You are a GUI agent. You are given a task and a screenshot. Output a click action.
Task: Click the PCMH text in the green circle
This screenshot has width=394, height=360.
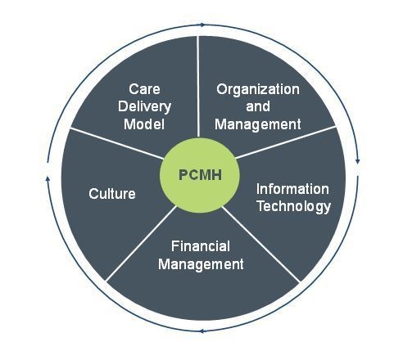pos(200,175)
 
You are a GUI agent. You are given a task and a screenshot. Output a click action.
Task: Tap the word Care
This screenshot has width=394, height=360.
pos(144,89)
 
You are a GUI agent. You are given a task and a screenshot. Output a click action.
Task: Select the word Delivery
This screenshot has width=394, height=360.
pos(144,106)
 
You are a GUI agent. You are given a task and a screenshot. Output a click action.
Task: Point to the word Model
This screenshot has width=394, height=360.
pos(144,124)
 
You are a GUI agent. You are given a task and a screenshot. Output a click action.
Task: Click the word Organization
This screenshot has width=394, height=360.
pos(258,90)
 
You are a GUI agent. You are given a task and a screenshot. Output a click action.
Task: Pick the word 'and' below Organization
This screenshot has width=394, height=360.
pos(258,106)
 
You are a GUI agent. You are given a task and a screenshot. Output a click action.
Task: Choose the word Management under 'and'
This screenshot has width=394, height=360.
pos(258,124)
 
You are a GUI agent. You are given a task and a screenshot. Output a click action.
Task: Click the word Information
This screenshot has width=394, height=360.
pos(292,189)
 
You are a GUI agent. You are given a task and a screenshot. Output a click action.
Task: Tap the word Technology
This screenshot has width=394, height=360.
pos(294,206)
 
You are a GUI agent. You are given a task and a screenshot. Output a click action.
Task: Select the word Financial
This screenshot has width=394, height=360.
pos(201,246)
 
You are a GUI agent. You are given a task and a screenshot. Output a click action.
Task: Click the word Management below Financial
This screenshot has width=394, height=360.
pos(201,264)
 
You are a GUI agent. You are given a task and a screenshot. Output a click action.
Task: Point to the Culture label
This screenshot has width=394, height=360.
pos(112,194)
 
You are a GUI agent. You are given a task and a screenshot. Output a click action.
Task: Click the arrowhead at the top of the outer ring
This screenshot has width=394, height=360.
pos(202,25)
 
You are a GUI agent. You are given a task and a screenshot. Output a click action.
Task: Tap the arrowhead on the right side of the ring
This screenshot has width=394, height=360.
pos(358,161)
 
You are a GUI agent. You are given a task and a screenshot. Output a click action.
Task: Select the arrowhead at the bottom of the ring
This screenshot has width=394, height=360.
pos(202,331)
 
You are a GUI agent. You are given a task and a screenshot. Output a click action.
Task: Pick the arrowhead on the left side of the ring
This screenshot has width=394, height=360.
pos(48,179)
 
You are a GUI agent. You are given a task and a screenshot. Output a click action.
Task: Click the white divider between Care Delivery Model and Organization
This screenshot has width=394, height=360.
pos(198,86)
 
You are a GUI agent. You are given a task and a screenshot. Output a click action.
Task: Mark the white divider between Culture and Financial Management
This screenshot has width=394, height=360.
pos(141,243)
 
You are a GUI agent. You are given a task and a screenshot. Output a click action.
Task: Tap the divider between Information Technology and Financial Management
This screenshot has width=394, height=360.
pos(261,244)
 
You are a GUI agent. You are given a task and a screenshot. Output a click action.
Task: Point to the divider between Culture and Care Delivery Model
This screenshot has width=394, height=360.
pos(117,143)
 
